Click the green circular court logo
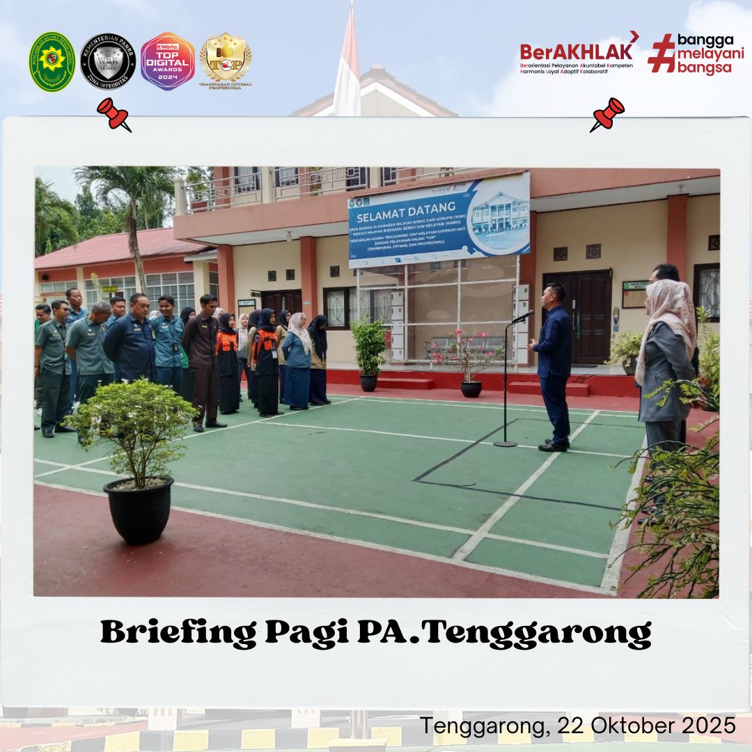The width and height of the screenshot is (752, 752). (52, 62)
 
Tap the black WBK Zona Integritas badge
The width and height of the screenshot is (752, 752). (108, 62)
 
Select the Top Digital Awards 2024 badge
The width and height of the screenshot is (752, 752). (167, 61)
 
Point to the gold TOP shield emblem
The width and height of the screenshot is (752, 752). (226, 60)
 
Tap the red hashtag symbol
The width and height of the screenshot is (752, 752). (661, 53)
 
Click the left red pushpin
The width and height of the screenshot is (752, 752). (113, 113)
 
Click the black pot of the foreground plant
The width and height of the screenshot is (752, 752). (139, 509)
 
